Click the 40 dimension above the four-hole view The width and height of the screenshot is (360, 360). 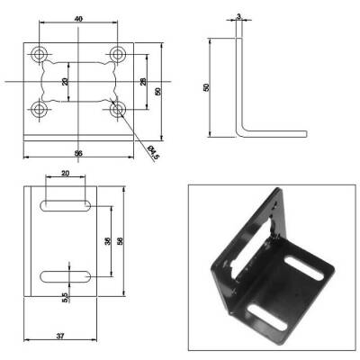click(x=79, y=18)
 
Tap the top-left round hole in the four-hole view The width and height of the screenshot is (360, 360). click(x=40, y=54)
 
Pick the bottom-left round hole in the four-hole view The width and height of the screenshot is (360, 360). click(x=40, y=110)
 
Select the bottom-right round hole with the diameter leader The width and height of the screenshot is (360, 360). click(x=118, y=110)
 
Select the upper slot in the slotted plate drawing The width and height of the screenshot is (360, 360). click(x=63, y=206)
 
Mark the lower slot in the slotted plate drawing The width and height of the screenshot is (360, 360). click(x=63, y=274)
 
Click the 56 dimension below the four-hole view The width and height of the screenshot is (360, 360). click(x=79, y=154)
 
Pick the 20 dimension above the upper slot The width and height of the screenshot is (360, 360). click(x=65, y=175)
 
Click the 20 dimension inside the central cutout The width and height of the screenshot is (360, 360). click(x=65, y=82)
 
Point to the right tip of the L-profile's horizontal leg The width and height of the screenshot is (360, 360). click(x=304, y=136)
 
